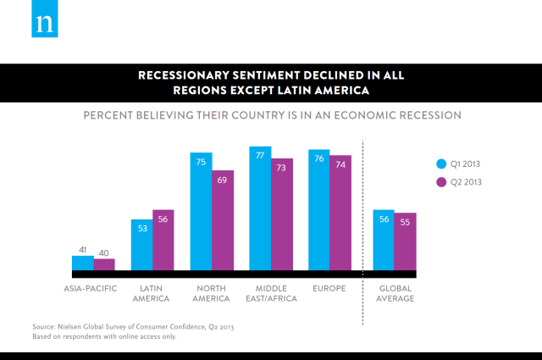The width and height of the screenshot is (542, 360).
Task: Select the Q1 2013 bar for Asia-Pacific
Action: [x=82, y=263]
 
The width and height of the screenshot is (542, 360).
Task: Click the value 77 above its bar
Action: [x=260, y=155]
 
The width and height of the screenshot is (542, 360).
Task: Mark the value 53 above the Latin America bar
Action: [x=141, y=227]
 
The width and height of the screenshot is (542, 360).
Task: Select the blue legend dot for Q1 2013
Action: [x=440, y=163]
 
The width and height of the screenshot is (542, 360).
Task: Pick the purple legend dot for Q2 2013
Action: [x=440, y=182]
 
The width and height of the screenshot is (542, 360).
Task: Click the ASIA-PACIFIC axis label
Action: [x=91, y=289]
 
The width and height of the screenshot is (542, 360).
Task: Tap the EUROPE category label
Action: [x=329, y=289]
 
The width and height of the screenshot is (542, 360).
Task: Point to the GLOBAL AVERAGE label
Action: [x=395, y=294]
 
